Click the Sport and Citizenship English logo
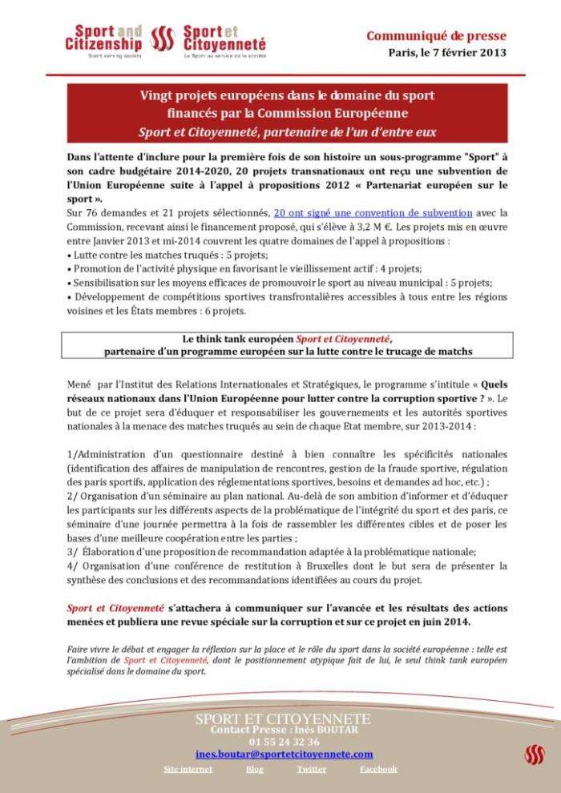[103, 39]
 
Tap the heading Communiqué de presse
[436, 35]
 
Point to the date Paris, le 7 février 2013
[447, 53]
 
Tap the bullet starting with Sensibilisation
[280, 283]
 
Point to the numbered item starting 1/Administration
[287, 454]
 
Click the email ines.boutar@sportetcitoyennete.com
[284, 754]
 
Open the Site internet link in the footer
[188, 769]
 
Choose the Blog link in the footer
[254, 769]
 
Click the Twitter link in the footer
[311, 769]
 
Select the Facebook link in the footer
[377, 769]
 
